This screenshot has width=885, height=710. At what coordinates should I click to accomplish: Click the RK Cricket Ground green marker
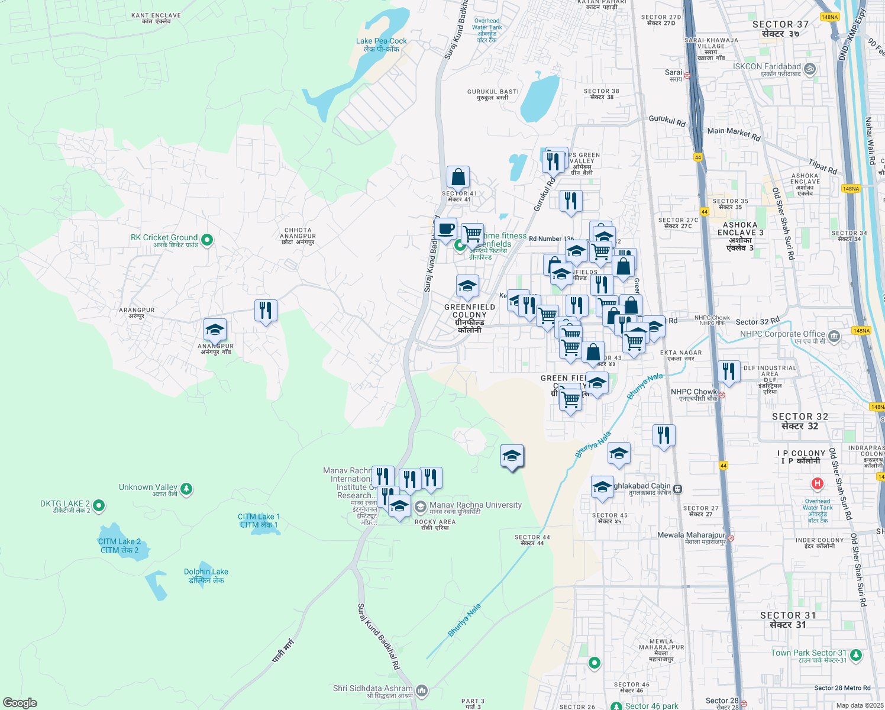(206, 240)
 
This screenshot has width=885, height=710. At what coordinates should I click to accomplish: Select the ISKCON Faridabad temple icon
(810, 69)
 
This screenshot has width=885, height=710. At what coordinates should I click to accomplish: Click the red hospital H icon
(817, 483)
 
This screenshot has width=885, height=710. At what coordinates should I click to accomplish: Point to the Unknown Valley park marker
(186, 489)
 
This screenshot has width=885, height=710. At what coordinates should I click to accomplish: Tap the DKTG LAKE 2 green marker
(99, 505)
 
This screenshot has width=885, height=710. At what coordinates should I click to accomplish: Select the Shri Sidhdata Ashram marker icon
(422, 690)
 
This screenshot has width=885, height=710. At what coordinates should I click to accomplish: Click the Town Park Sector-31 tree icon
(855, 656)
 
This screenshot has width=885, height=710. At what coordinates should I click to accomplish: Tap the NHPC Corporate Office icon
(834, 337)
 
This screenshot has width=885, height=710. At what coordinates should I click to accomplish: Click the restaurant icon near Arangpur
(266, 310)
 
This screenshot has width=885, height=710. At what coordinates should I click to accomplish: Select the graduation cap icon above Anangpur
(215, 330)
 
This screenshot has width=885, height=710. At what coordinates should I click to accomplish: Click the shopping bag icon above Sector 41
(458, 177)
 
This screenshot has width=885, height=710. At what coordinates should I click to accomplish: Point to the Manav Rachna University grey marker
(421, 507)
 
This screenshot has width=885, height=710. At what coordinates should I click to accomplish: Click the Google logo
(20, 703)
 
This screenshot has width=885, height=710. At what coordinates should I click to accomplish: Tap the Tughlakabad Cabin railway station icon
(678, 489)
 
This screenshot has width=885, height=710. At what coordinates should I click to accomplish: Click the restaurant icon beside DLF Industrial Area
(729, 372)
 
